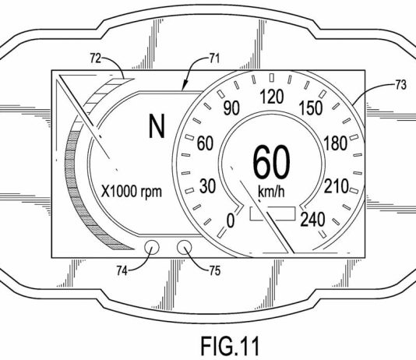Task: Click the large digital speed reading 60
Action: [271, 162]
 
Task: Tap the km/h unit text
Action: [271, 191]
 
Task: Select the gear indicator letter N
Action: [157, 126]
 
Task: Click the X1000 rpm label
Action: [132, 191]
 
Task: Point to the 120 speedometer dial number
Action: [272, 97]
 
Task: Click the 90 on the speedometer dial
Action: [231, 108]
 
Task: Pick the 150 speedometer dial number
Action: [311, 108]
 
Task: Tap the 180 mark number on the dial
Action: [336, 143]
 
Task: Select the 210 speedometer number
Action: [336, 186]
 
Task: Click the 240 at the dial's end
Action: [312, 220]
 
